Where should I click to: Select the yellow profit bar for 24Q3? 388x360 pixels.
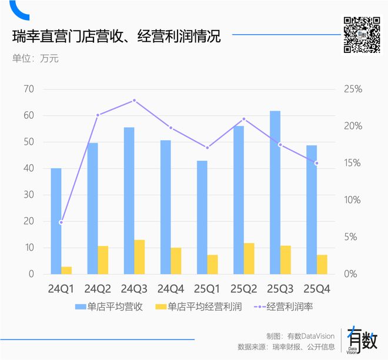[139, 257]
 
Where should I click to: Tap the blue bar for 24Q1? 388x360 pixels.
[56, 221]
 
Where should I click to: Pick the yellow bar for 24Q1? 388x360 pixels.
[66, 270]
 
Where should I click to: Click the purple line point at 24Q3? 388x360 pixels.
[134, 101]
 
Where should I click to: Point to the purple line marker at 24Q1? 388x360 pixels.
[61, 222]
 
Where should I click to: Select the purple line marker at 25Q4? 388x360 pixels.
[316, 164]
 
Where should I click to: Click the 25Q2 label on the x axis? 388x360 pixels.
[243, 289]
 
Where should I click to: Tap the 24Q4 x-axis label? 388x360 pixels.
[170, 289]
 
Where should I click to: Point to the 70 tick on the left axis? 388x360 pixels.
[28, 89]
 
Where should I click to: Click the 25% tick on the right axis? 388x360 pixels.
[352, 89]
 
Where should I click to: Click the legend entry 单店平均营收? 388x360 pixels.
[109, 306]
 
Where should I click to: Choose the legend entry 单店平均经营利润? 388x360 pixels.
[199, 306]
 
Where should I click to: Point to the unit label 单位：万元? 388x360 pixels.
[35, 58]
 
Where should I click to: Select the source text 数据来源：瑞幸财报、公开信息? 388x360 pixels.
[286, 347]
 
